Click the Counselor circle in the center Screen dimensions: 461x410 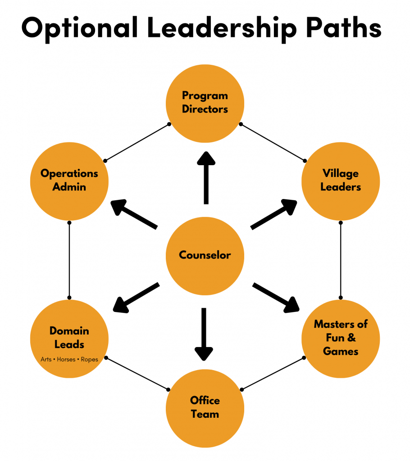205,256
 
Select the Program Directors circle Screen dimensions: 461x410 205,103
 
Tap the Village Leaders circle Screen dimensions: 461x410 341,181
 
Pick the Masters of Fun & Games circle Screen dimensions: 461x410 341,338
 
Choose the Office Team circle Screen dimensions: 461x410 205,407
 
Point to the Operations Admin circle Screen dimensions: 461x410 69,181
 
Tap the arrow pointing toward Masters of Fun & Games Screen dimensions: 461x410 275,297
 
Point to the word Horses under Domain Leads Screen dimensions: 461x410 66,360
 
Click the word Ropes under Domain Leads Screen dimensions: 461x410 90,360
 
